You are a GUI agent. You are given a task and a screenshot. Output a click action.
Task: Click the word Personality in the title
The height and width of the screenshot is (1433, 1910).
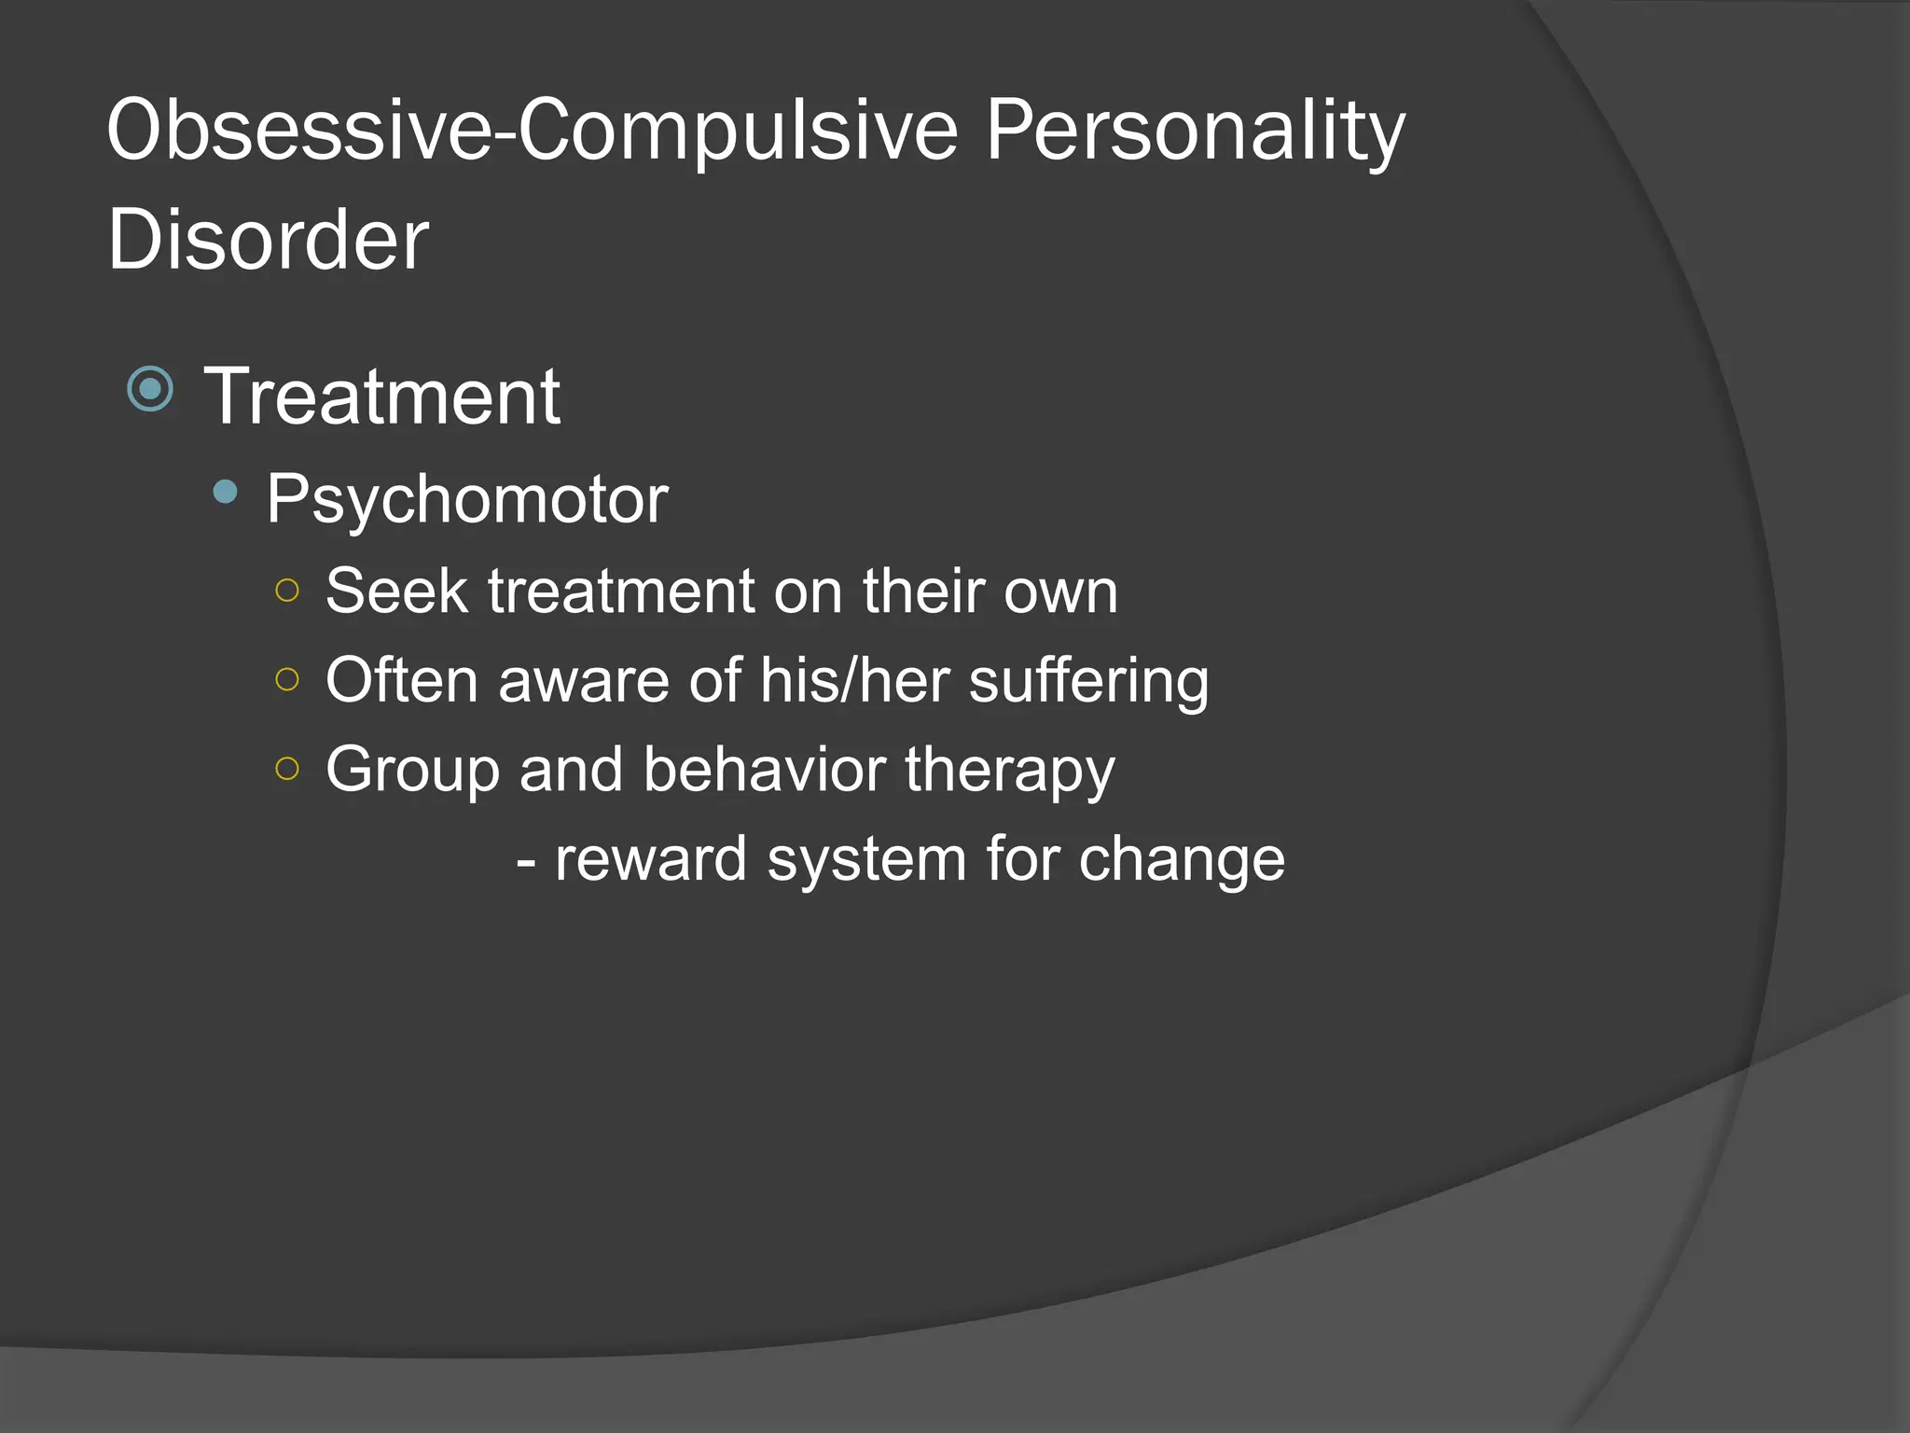coord(1195,131)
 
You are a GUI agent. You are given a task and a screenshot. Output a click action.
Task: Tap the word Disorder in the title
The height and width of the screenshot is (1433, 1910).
coord(268,240)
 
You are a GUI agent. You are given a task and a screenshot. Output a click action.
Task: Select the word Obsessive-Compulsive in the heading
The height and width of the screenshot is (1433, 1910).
coord(533,131)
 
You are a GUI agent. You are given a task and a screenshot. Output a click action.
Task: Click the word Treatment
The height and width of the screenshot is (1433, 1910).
coord(382,397)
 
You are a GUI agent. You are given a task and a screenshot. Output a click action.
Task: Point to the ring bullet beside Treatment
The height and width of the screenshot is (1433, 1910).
coord(150,389)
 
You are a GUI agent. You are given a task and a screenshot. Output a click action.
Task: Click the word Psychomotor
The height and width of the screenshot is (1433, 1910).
coord(467,500)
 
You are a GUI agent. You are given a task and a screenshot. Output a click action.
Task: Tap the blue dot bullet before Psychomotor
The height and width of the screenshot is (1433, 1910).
coord(225,492)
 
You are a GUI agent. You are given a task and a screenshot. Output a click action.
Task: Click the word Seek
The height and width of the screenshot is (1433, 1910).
coord(396,591)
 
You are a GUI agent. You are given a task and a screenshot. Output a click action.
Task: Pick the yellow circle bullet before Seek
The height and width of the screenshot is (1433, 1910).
coord(287,591)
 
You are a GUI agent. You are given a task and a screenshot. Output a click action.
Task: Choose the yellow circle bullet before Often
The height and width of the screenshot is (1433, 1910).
coord(287,679)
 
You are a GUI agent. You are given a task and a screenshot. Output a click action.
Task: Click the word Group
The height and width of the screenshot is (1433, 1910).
coord(411,771)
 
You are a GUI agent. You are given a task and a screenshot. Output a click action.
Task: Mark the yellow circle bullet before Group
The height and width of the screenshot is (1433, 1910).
coord(287,769)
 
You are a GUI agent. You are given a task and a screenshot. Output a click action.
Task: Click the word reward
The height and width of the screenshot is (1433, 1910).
coord(650,859)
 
